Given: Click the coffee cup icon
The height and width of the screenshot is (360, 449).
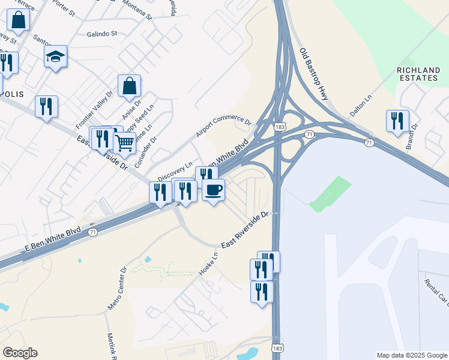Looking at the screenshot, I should [x=213, y=191].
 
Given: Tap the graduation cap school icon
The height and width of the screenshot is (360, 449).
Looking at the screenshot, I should [x=55, y=57].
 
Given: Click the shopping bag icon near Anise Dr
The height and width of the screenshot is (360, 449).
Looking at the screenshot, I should [x=129, y=86].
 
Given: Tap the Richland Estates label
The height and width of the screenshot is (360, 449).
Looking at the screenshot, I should [x=418, y=74].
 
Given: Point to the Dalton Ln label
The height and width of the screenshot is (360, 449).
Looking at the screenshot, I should [x=361, y=104].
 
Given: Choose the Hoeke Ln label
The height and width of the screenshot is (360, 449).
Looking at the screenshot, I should [x=208, y=263].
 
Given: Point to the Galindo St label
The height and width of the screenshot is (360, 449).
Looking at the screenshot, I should [x=101, y=34].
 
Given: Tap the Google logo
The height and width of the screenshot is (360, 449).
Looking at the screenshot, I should [x=20, y=353].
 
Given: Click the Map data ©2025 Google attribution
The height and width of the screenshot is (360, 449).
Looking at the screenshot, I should [x=412, y=355].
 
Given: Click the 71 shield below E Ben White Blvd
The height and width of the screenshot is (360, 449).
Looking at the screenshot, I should [x=92, y=232].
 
